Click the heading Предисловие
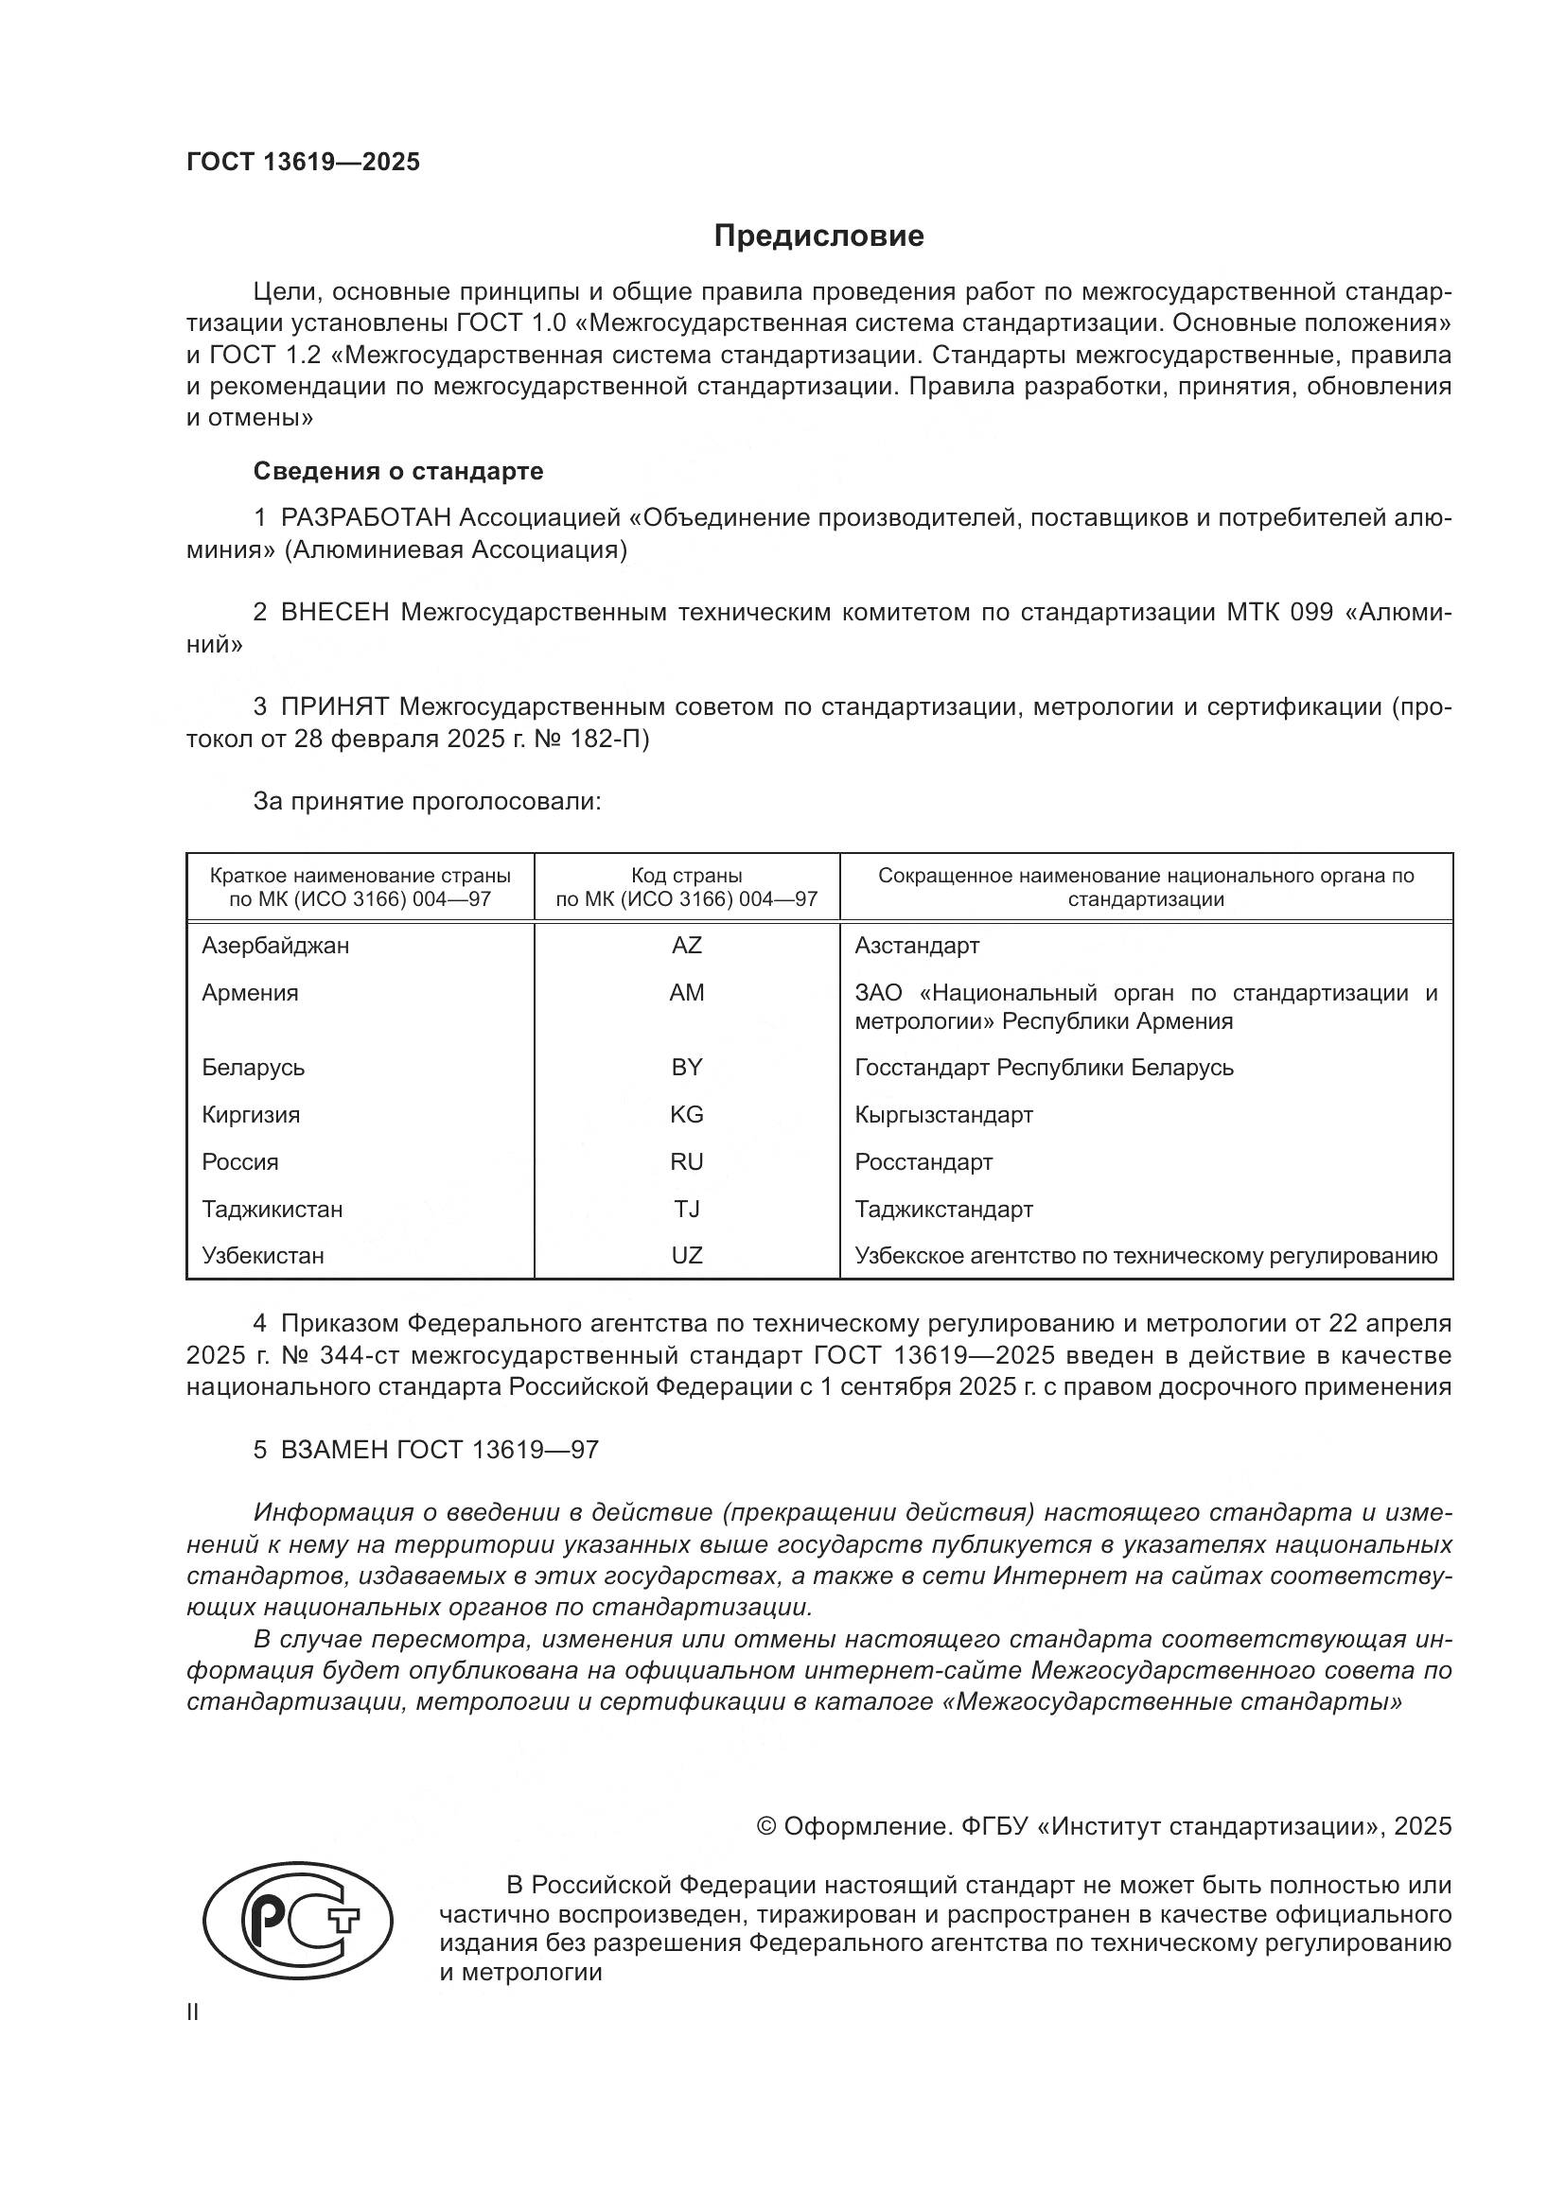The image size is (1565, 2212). pyautogui.click(x=818, y=236)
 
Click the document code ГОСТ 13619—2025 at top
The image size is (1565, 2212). pyautogui.click(x=303, y=162)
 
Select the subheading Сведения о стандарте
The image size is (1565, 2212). pyautogui.click(x=398, y=471)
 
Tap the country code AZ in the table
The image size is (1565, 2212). pyautogui.click(x=686, y=945)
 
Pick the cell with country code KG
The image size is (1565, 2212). pyautogui.click(x=686, y=1115)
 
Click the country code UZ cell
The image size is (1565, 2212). pyautogui.click(x=686, y=1255)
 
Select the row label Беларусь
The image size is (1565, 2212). pyautogui.click(x=253, y=1068)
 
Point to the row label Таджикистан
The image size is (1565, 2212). pyautogui.click(x=272, y=1210)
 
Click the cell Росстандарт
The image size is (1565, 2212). pyautogui.click(x=923, y=1162)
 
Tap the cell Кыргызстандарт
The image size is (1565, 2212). pyautogui.click(x=942, y=1115)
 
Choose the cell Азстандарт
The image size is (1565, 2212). pyautogui.click(x=916, y=945)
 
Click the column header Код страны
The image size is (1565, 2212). pyautogui.click(x=686, y=876)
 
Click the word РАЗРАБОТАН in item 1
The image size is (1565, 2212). pyautogui.click(x=365, y=518)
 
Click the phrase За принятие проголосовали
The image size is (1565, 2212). pyautogui.click(x=427, y=802)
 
